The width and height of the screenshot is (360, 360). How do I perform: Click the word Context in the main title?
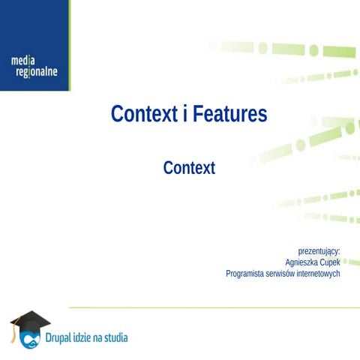(143, 114)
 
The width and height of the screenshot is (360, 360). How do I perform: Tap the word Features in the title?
(229, 114)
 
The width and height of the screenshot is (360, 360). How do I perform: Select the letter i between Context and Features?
(184, 114)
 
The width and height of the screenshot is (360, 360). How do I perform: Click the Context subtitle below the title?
(189, 168)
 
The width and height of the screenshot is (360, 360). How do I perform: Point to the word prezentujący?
(319, 250)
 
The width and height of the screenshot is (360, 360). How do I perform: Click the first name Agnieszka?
(303, 262)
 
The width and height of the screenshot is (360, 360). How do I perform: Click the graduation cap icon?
(28, 321)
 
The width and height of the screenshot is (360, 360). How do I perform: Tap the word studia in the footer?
(115, 337)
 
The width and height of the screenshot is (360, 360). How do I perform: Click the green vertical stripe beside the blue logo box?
(69, 45)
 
